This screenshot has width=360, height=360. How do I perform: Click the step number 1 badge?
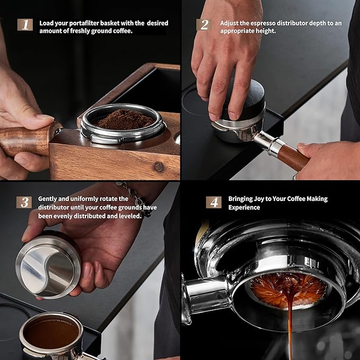[x=25, y=24]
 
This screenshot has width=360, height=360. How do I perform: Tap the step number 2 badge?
[x=203, y=24]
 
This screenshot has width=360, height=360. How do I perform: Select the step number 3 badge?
[x=23, y=202]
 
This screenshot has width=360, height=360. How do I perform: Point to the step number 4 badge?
[x=214, y=202]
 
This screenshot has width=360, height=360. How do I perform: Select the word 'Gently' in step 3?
[x=48, y=199]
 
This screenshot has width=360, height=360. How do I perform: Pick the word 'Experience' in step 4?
[x=244, y=208]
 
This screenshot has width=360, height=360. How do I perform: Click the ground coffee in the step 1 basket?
[x=125, y=119]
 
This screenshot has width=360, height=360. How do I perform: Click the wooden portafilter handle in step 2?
[x=292, y=157]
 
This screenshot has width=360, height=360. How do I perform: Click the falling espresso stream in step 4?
[x=290, y=323]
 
